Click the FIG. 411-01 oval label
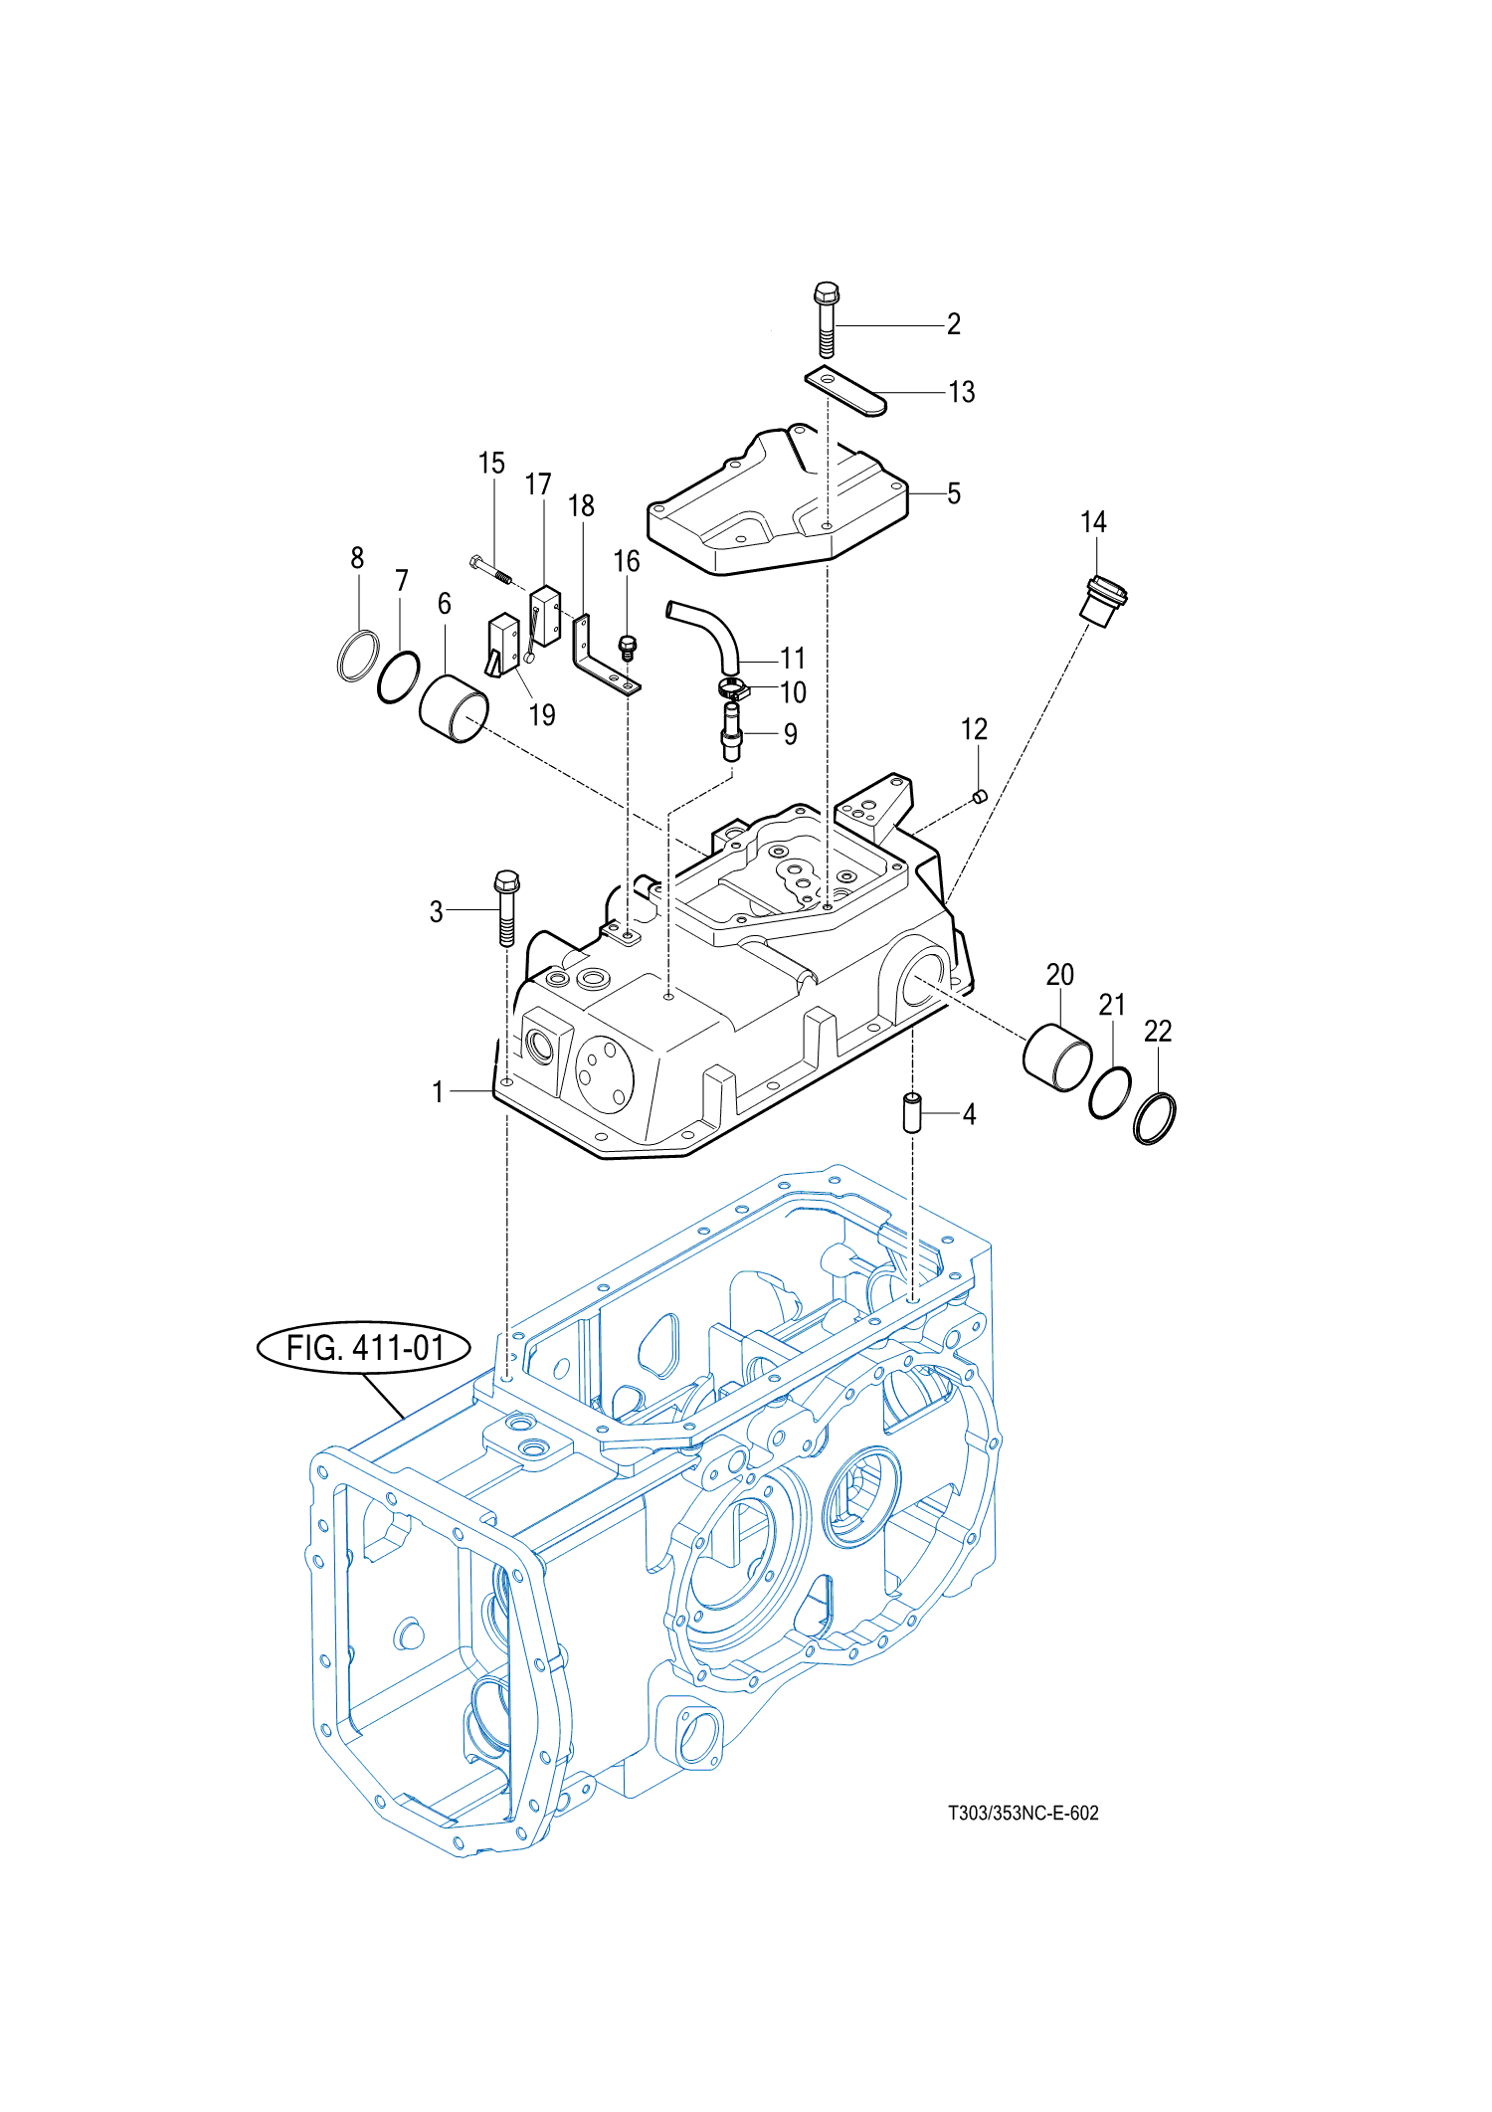coord(364,1348)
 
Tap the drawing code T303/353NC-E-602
coord(1023,1813)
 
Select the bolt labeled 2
coord(826,319)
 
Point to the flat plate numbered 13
coord(844,391)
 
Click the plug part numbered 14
coord(1103,602)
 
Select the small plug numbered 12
coord(979,796)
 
